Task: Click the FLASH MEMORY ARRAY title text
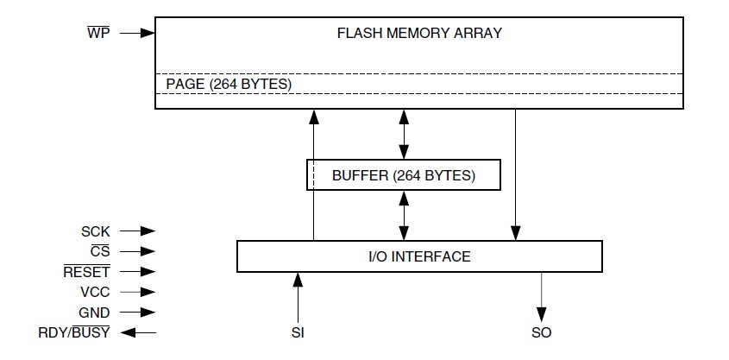pos(419,35)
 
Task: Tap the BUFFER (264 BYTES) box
pos(403,175)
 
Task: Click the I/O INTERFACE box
pos(419,256)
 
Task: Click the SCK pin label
pos(96,231)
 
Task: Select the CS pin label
pos(100,252)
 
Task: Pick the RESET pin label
pos(86,272)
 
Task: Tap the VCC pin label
pos(95,293)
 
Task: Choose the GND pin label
pos(95,313)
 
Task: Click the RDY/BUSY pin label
pos(74,333)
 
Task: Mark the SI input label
pos(298,333)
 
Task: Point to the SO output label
pos(542,333)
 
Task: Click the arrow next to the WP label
pos(137,34)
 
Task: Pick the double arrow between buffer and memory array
pos(403,134)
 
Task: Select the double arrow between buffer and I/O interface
pos(403,216)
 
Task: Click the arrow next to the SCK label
pos(137,231)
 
